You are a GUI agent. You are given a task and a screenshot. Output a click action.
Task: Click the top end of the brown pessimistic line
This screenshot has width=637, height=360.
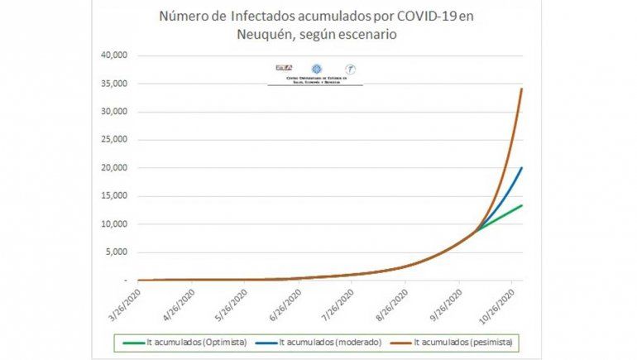click(521, 89)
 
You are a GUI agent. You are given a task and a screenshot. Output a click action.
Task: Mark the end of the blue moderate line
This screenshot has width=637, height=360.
click(521, 168)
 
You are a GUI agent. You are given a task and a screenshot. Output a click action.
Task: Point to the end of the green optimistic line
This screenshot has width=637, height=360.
click(521, 205)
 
